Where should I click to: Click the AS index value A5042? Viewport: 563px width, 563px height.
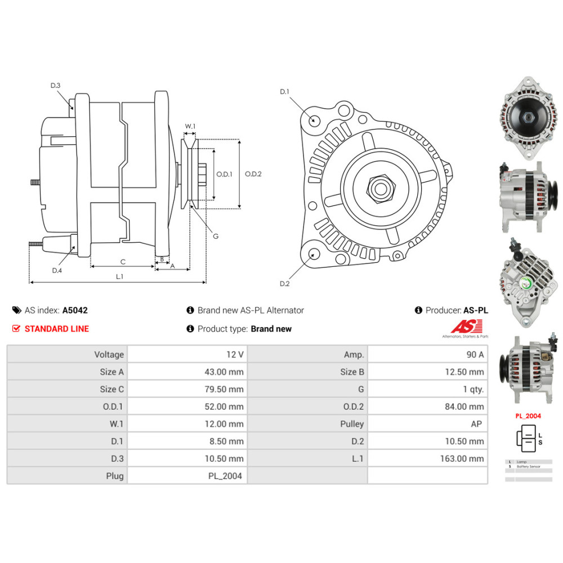pyautogui.click(x=75, y=310)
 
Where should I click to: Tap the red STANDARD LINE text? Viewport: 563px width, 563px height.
pyautogui.click(x=56, y=329)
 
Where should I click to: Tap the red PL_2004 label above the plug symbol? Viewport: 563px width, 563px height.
pyautogui.click(x=528, y=416)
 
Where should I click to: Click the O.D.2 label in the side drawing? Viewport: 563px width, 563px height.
pyautogui.click(x=253, y=174)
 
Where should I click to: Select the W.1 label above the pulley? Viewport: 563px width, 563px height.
pyautogui.click(x=190, y=126)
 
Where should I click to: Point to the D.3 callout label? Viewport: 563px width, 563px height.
pyautogui.click(x=55, y=86)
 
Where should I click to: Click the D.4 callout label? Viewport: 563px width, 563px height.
pyautogui.click(x=57, y=271)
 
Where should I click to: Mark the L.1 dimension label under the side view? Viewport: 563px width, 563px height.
pyautogui.click(x=119, y=276)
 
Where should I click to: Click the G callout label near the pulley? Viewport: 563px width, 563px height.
pyautogui.click(x=215, y=236)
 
